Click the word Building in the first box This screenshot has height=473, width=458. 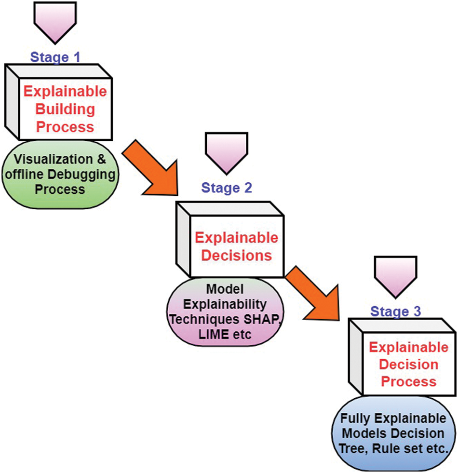tap(66, 109)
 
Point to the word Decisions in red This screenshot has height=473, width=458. tap(236, 255)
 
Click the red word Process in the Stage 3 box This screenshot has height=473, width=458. tap(408, 382)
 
